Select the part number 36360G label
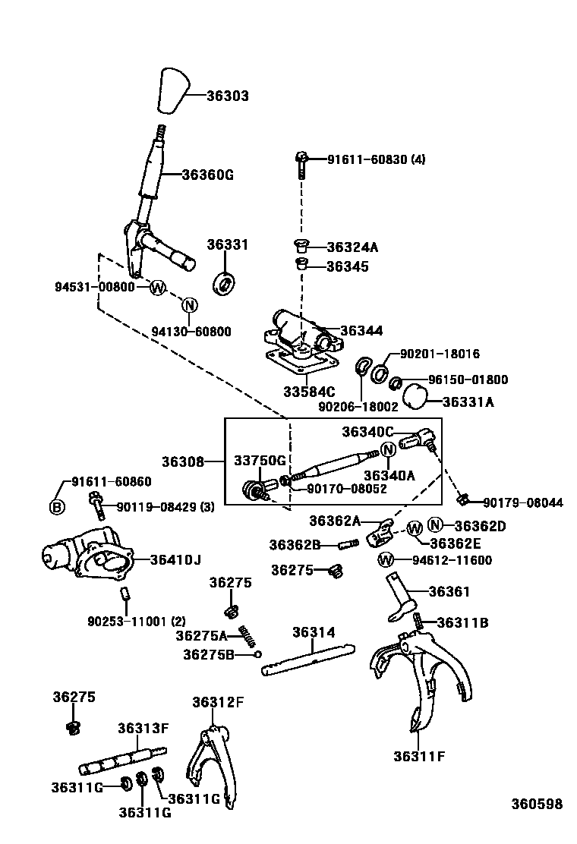pos(207,174)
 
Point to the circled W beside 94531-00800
pos(157,287)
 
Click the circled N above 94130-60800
pos(190,305)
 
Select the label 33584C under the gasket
pos(309,392)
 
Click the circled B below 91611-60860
pos(57,507)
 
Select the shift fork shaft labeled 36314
pos(307,659)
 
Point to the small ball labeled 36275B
pos(258,653)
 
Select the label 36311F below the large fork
pos(418,755)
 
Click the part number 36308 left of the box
pos(182,461)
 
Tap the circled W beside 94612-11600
pos(386,560)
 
